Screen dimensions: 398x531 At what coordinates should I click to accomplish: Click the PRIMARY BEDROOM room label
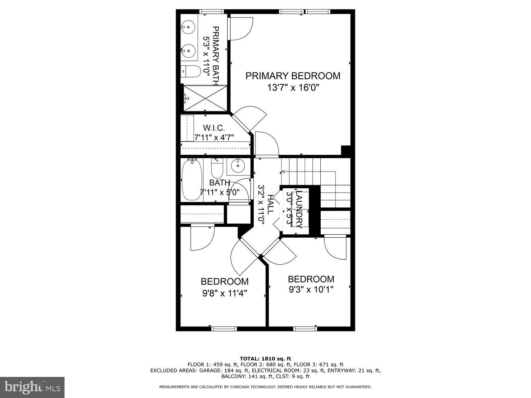pos(293,76)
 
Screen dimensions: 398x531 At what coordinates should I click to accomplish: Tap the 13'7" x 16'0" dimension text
pos(293,88)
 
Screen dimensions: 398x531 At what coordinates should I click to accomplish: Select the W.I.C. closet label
pos(214,128)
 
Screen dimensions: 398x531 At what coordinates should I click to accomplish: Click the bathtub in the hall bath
pos(192,180)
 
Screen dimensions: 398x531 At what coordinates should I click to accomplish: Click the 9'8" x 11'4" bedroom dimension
pos(225,294)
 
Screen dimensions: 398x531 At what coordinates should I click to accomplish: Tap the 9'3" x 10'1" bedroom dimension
pos(311,289)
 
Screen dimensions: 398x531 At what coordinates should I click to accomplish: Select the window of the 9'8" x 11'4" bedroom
pos(224,329)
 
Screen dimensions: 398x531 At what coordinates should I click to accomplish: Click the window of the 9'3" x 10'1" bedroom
pos(306,329)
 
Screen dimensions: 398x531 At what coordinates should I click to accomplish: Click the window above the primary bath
pos(211,12)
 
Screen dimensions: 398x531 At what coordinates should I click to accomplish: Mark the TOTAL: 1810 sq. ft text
pos(265,359)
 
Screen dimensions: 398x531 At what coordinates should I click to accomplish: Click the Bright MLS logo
pos(32,387)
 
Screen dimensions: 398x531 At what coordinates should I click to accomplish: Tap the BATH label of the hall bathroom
pos(219,183)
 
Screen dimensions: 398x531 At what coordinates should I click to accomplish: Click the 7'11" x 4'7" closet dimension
pos(214,137)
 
